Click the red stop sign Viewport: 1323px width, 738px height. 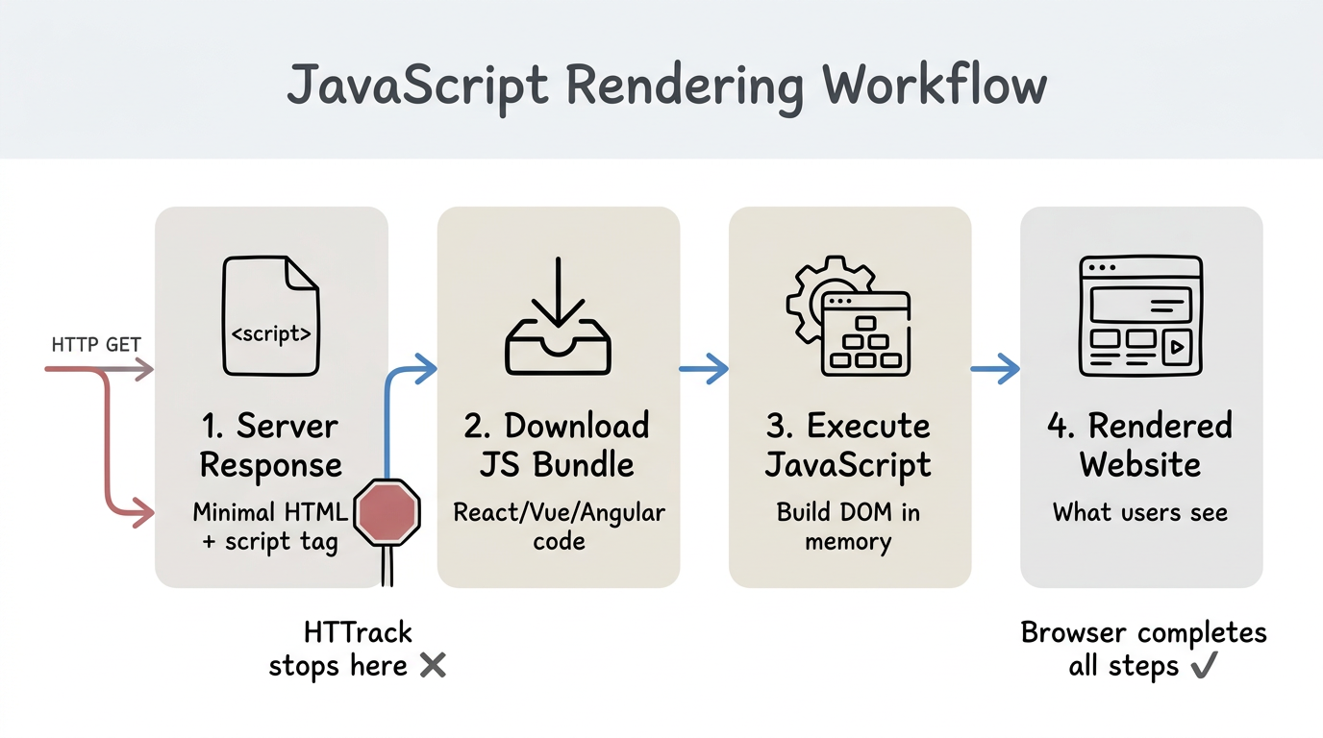tap(387, 510)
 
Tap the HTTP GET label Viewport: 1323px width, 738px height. tap(97, 344)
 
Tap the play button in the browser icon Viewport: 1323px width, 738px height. tap(1177, 347)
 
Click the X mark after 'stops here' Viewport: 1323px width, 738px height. tap(433, 665)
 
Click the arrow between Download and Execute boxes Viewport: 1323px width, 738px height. tap(704, 368)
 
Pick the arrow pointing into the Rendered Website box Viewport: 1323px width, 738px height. tap(995, 368)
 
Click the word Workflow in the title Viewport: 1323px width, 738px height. tap(936, 87)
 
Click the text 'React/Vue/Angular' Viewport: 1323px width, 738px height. tap(559, 511)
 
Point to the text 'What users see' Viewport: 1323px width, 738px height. tap(1140, 511)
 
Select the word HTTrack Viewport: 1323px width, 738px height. tap(358, 632)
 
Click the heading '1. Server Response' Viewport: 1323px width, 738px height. tap(270, 445)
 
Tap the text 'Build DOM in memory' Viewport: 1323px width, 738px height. tap(848, 527)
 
